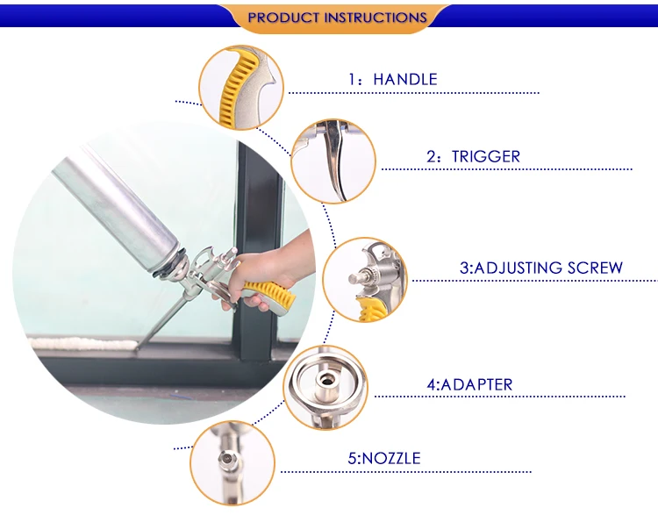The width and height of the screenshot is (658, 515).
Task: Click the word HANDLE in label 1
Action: pos(405,79)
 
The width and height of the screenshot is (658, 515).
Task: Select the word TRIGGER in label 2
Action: pos(485,156)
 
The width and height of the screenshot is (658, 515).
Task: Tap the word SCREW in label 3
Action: pos(595,268)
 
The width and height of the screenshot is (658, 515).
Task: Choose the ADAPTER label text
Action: pos(476,384)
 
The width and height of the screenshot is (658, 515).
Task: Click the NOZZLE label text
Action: pos(391,458)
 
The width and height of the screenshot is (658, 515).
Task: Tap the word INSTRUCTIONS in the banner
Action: pos(375,18)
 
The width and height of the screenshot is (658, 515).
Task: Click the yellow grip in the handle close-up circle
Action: pos(233,86)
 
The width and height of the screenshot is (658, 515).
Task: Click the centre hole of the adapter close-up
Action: pos(325,381)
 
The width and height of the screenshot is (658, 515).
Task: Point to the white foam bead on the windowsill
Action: pos(84,344)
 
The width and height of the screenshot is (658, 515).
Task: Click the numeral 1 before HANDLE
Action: pos(352,79)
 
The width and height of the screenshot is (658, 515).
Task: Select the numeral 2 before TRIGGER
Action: pos(431,157)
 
